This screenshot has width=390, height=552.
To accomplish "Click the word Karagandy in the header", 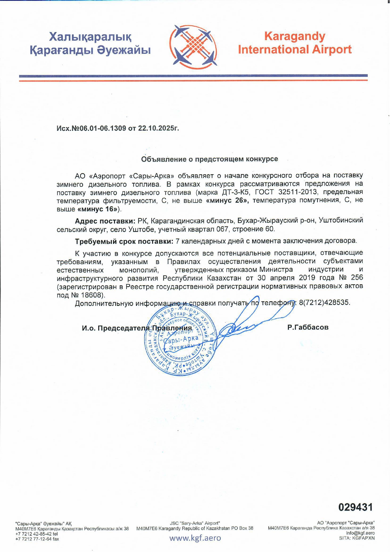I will pyautogui.click(x=295, y=36).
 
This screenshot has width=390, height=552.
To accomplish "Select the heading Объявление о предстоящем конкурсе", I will pyautogui.click(x=209, y=159).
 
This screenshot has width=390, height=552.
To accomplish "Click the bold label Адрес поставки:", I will pyautogui.click(x=105, y=220).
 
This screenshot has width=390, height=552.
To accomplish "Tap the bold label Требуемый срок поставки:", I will pyautogui.click(x=124, y=241).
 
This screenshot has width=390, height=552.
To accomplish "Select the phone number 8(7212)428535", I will pyautogui.click(x=324, y=303).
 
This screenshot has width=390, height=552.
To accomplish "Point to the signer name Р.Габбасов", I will pyautogui.click(x=308, y=327).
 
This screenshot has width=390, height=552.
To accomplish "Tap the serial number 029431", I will pyautogui.click(x=355, y=507).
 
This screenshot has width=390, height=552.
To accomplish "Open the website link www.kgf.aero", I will pyautogui.click(x=195, y=538).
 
